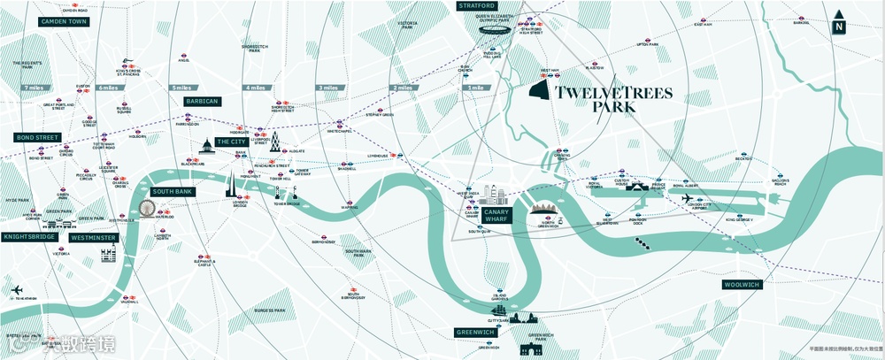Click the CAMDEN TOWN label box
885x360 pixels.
[x=63, y=20]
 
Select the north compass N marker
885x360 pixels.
[x=838, y=27]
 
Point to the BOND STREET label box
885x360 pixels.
[x=35, y=138]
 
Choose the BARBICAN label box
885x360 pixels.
[x=202, y=102]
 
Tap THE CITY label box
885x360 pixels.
[x=232, y=142]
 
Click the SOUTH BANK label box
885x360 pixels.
[x=172, y=191]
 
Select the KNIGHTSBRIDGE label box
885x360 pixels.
[x=28, y=237]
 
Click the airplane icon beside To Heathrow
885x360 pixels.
[x=17, y=291]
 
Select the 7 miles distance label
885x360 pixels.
[x=35, y=88]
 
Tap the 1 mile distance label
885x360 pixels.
[x=476, y=88]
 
